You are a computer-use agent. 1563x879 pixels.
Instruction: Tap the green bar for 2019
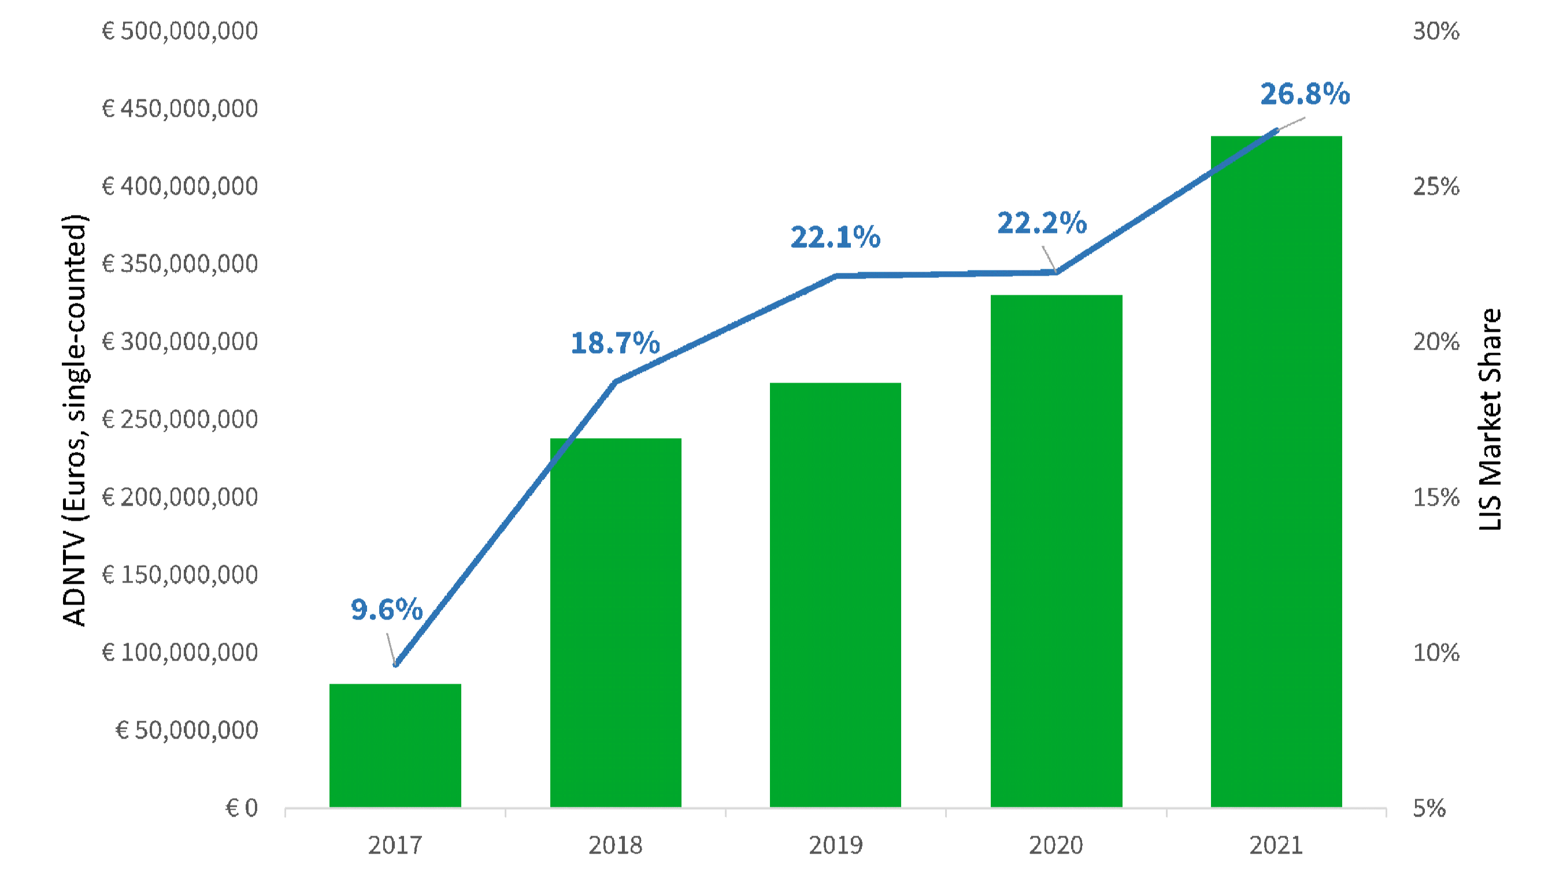(x=835, y=595)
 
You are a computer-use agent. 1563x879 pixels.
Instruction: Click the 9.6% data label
(x=387, y=610)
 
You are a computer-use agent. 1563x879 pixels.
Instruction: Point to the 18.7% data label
(x=615, y=343)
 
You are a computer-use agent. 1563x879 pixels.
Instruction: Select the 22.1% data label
(x=835, y=237)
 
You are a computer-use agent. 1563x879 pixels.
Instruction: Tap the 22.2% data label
(x=1042, y=223)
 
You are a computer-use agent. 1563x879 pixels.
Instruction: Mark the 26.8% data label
(x=1305, y=94)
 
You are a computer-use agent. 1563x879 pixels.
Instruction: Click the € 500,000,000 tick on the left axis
(x=180, y=31)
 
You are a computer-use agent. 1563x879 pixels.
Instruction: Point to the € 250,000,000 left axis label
(x=180, y=419)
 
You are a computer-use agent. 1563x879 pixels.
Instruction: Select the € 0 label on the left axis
(x=242, y=808)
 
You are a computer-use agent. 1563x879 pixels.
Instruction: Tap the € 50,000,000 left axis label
(x=187, y=730)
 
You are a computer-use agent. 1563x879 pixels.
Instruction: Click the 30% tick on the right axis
(x=1436, y=31)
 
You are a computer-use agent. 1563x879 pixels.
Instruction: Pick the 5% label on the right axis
(x=1429, y=808)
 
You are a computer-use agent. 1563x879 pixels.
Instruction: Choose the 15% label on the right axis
(x=1436, y=498)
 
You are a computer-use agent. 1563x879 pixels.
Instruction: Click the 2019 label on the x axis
(x=835, y=845)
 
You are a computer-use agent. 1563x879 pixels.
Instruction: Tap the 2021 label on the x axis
(x=1276, y=845)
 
